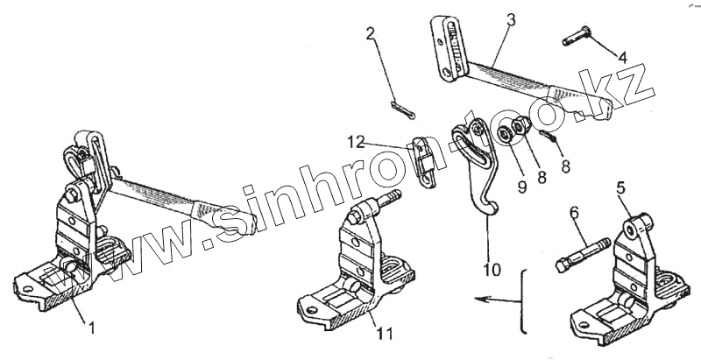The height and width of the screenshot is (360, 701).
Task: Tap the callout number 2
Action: [x=371, y=36]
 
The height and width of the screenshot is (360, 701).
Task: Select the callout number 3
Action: [x=510, y=18]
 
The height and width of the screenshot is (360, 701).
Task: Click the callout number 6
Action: [x=574, y=213]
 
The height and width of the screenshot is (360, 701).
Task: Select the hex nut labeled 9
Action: [x=506, y=136]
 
